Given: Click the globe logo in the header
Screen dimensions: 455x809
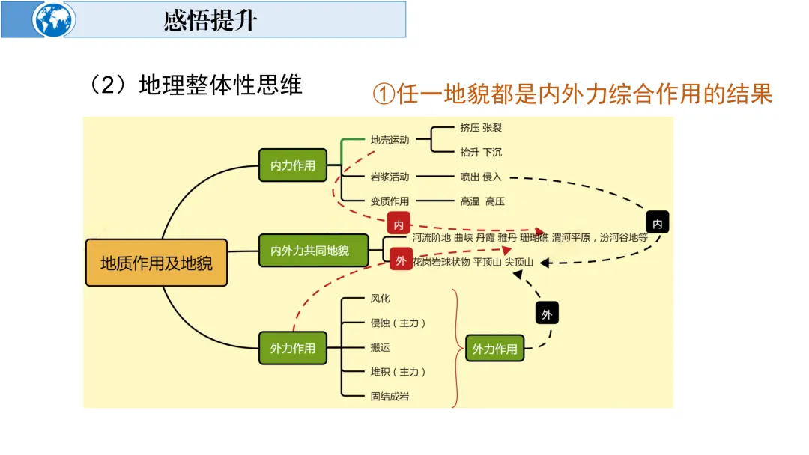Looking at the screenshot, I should [53, 19].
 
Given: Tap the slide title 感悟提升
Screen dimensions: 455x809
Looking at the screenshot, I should [210, 20].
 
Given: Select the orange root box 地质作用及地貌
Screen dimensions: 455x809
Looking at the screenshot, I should [157, 263].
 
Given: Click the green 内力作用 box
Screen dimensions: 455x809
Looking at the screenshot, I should [293, 165].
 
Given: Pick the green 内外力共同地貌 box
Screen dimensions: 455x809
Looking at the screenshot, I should [309, 251].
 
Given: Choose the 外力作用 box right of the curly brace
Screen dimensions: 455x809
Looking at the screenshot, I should [494, 349].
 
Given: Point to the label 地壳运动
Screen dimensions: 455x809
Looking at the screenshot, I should [390, 140].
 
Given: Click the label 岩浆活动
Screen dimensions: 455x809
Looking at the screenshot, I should [390, 177].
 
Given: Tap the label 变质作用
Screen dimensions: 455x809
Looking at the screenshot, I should [390, 201].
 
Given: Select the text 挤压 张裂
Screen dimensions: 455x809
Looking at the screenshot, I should [481, 128].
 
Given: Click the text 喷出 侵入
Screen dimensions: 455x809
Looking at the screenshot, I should [481, 177].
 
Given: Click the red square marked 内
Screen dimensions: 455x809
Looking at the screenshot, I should [399, 224].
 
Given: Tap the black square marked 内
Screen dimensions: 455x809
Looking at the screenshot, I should [657, 223].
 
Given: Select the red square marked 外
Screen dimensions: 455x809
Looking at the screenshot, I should [401, 260].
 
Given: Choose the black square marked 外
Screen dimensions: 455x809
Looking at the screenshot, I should [547, 314].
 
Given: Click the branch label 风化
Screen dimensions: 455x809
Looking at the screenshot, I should [380, 299].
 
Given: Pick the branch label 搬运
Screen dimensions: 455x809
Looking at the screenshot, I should [380, 347].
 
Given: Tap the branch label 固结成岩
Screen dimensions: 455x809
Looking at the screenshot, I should [390, 397].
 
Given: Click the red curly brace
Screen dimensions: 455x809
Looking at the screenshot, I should [455, 347].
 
